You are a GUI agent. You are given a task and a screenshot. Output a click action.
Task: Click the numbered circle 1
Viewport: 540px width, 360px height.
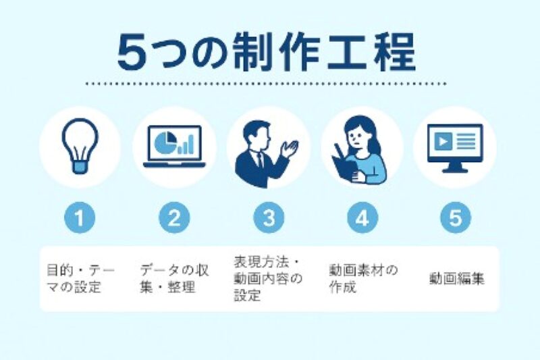tap(80, 218)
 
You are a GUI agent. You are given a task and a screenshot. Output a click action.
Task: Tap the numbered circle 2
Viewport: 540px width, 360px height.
tap(174, 218)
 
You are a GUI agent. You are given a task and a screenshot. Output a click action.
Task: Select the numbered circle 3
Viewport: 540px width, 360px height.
tap(268, 218)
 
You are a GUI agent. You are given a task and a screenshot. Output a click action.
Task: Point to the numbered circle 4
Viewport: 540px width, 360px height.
tap(362, 218)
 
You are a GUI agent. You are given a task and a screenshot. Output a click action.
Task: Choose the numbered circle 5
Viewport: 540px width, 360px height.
tap(456, 218)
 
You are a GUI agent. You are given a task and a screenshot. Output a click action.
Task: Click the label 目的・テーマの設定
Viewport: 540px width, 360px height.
tap(80, 278)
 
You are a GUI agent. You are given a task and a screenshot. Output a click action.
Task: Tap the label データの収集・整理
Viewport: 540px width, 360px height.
tap(173, 278)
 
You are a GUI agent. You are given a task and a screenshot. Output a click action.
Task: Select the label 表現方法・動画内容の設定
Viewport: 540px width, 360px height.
tap(268, 278)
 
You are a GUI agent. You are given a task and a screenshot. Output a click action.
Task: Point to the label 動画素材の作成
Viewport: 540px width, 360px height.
tap(362, 278)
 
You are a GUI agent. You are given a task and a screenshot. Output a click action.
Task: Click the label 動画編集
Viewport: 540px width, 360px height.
tap(456, 278)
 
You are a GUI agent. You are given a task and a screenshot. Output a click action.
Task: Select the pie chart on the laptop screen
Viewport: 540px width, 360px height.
tap(164, 141)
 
